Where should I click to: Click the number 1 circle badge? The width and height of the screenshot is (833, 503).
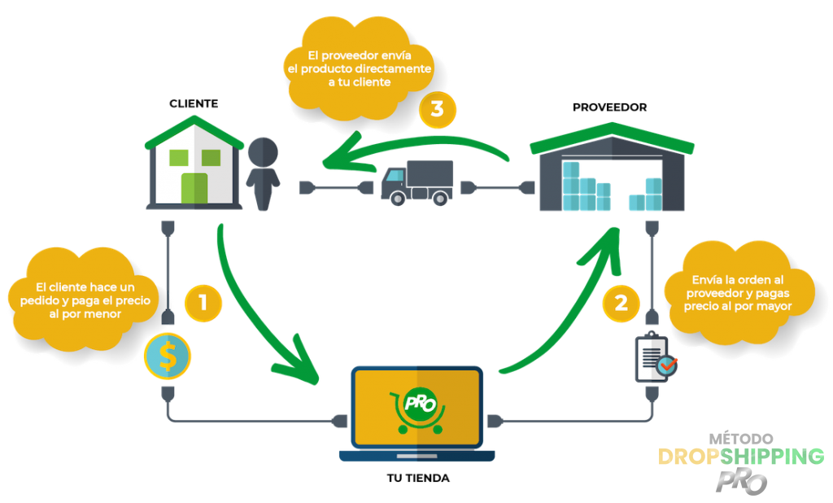(203, 303)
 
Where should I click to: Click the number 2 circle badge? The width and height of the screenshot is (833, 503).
(621, 303)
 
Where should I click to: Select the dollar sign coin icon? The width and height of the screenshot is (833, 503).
(167, 357)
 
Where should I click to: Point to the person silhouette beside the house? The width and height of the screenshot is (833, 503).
(261, 173)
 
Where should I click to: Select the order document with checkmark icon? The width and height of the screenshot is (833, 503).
(655, 358)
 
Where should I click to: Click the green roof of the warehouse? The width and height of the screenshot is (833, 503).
(610, 134)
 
